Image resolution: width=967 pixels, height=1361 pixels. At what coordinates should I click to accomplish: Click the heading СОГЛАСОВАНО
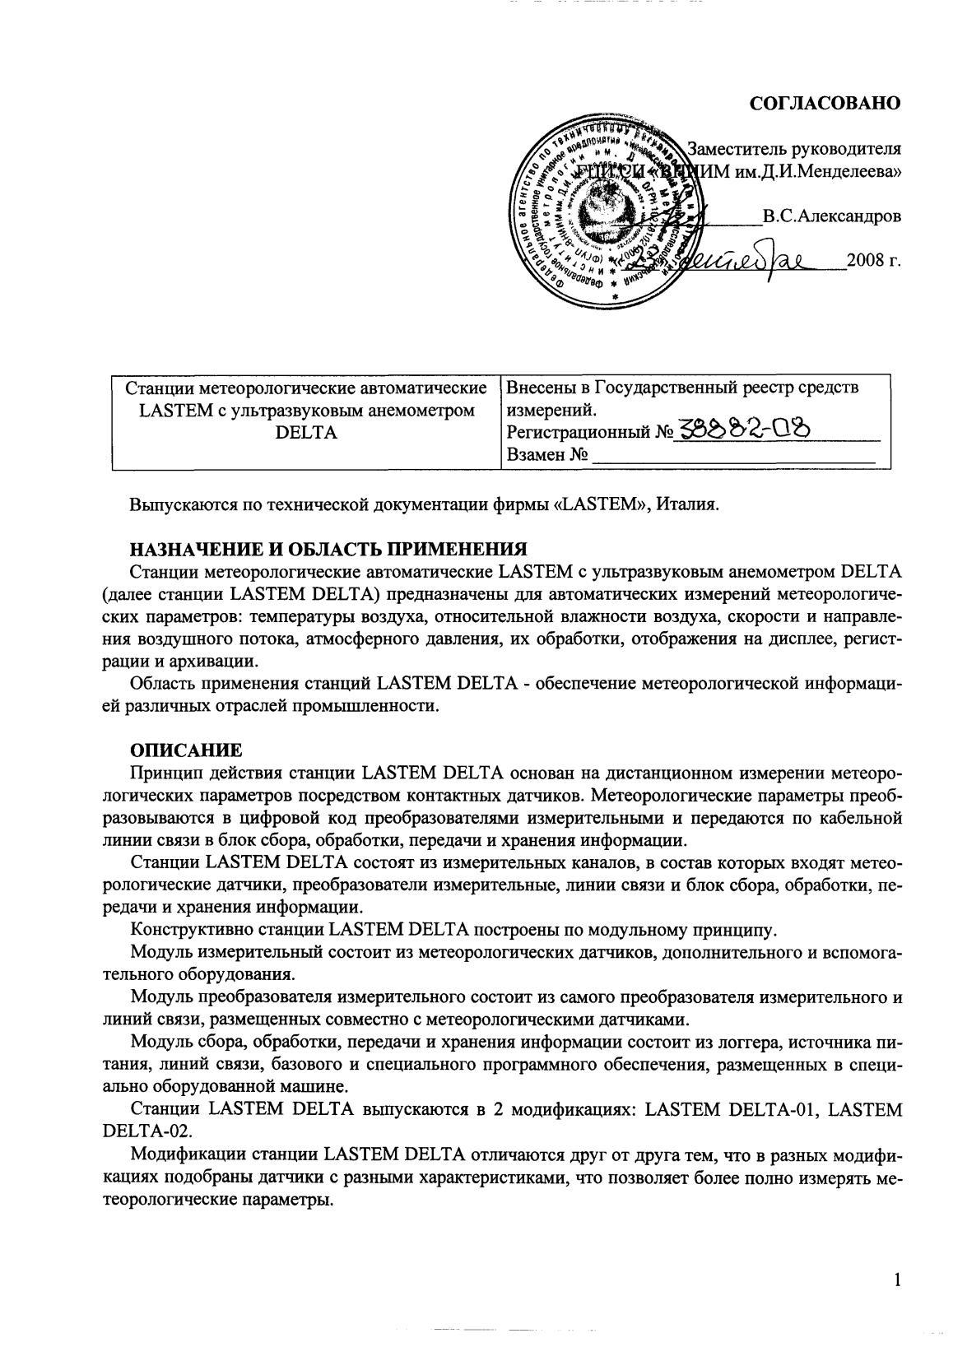point(825,103)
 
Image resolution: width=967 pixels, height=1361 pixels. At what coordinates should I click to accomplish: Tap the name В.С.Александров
point(831,217)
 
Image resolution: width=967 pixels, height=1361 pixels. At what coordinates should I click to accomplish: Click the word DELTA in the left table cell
point(306,432)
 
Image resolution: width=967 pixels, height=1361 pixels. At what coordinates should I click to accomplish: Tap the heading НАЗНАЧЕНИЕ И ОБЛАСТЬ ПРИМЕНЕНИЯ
point(328,549)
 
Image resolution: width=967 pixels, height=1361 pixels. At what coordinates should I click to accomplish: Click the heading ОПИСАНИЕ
point(187,750)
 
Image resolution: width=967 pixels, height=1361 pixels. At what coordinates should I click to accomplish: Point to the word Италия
point(689,504)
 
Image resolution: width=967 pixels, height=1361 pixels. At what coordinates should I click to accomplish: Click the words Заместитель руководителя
point(794,150)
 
